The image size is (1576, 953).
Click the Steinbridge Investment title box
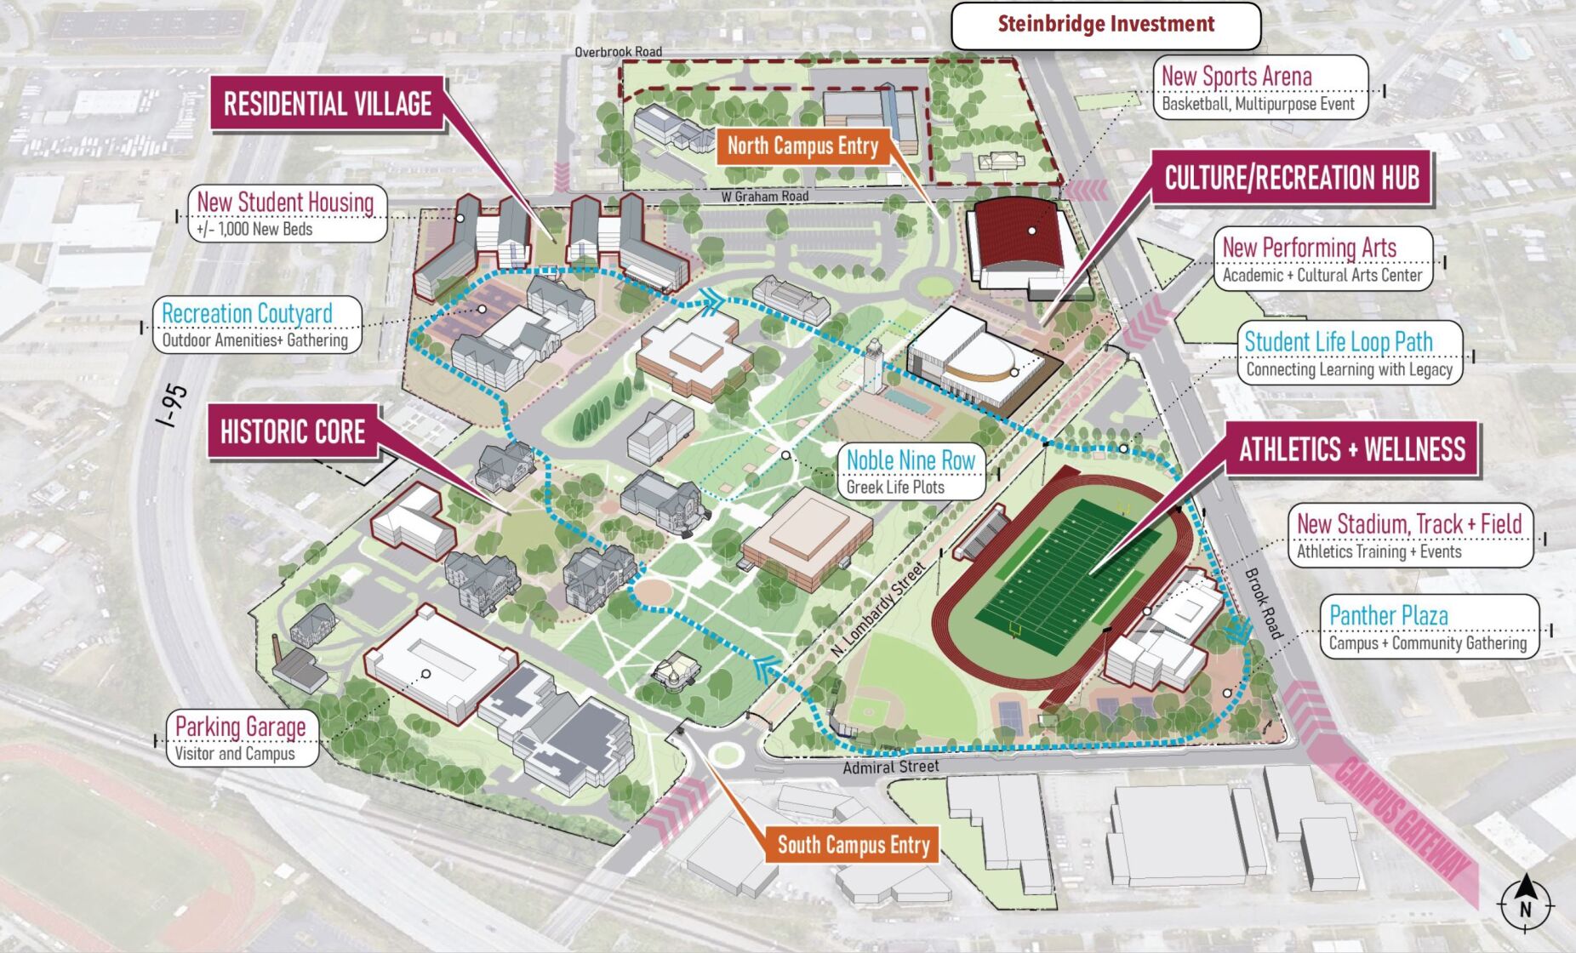point(1105,26)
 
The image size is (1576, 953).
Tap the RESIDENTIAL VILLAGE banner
point(328,105)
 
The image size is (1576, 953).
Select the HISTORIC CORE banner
point(293,432)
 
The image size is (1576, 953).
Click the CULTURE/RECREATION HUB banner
point(1291,179)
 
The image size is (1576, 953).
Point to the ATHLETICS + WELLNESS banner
point(1351,450)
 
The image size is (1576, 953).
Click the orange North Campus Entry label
point(802,146)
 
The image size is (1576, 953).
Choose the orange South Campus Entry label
point(853,845)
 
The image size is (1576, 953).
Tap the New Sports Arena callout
point(1259,88)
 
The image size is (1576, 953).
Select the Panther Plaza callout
point(1429,628)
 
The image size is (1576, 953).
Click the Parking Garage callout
point(242,739)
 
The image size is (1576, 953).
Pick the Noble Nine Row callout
point(911,471)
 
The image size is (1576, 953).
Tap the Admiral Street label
point(891,768)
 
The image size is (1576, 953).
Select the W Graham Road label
point(764,197)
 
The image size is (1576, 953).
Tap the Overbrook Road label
point(618,52)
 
